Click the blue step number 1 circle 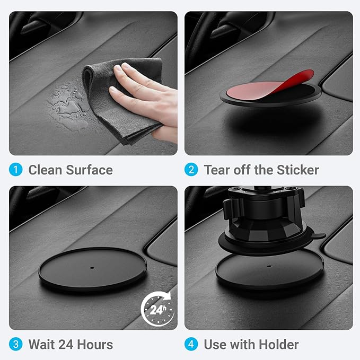pos(16,170)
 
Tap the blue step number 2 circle pos(191,170)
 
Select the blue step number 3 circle pos(16,344)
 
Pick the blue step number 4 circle pos(191,344)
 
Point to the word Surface pos(90,170)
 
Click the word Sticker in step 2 pos(297,170)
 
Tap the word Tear pos(217,170)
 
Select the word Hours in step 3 pos(94,344)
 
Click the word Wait pos(41,344)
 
